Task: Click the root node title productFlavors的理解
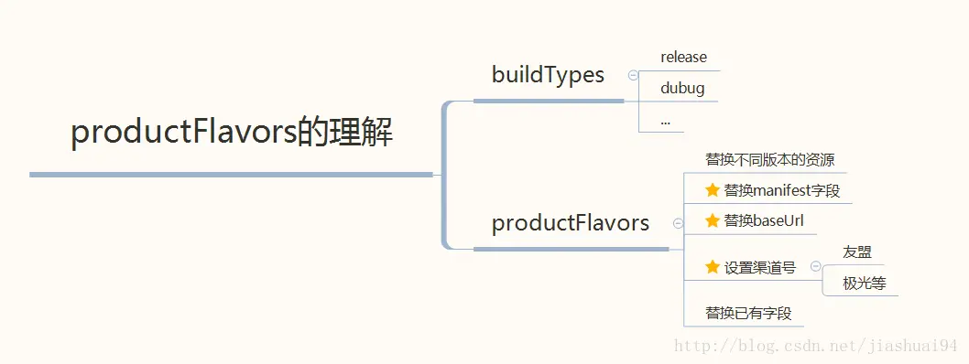[x=232, y=134]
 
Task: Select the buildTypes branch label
[x=548, y=75]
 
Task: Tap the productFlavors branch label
[x=571, y=223]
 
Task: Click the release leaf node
[x=683, y=58]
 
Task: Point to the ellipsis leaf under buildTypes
[x=666, y=121]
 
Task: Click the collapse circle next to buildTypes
[x=633, y=76]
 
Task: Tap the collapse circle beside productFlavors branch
[x=678, y=223]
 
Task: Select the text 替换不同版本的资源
[x=769, y=159]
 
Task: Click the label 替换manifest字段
[x=781, y=191]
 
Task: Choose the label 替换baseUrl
[x=764, y=220]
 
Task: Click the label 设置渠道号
[x=759, y=267]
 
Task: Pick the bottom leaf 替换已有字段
[x=748, y=313]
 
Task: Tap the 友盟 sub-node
[x=856, y=252]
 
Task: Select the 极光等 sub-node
[x=865, y=284]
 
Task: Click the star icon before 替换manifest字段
[x=713, y=190]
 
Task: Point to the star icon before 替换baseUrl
[x=713, y=220]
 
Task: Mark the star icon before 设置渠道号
[x=713, y=267]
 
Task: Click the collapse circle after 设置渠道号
[x=815, y=266]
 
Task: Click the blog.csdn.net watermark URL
[x=815, y=346]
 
